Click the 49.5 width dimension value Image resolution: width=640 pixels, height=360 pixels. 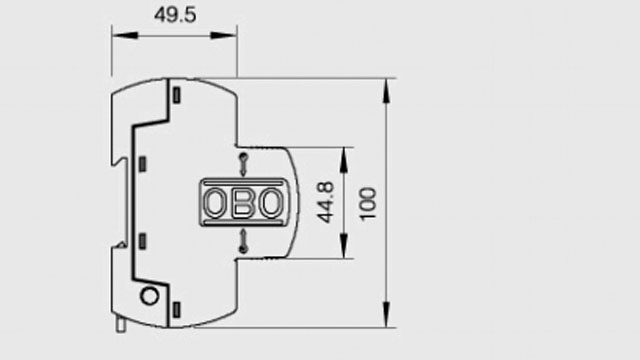pyautogui.click(x=171, y=15)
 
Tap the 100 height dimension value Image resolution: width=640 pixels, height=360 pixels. pyautogui.click(x=369, y=203)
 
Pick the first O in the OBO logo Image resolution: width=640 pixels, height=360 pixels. pyautogui.click(x=217, y=203)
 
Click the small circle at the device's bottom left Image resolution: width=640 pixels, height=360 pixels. pyautogui.click(x=150, y=296)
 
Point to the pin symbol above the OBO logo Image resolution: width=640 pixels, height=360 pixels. pyautogui.click(x=242, y=164)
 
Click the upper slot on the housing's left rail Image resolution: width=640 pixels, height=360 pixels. pyautogui.click(x=143, y=162)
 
